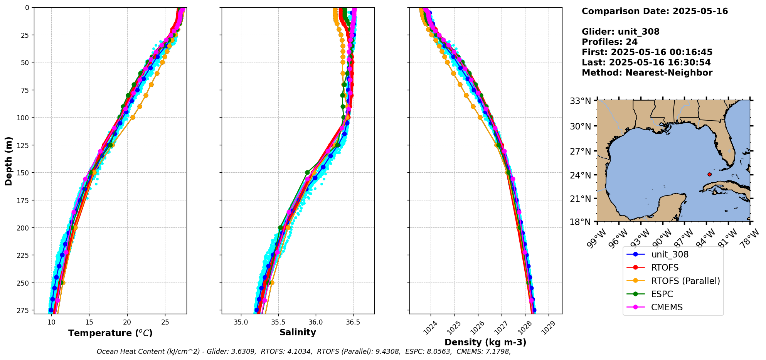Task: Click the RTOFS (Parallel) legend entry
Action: pos(685,281)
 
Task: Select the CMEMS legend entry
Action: pos(667,307)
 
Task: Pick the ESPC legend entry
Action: pos(662,294)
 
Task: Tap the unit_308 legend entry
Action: pos(670,254)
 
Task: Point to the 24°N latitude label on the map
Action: pos(580,175)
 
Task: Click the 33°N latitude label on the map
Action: pos(580,101)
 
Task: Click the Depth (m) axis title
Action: pos(8,161)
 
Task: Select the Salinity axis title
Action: pos(298,333)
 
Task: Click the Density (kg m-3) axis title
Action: pos(485,342)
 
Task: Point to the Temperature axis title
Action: pos(110,333)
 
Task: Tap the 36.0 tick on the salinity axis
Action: pos(316,322)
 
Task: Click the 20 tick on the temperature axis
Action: pos(127,322)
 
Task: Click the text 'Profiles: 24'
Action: pos(609,42)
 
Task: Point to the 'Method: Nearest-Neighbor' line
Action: pos(647,73)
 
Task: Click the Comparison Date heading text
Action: pos(655,11)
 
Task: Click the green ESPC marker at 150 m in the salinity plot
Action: pos(307,172)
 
